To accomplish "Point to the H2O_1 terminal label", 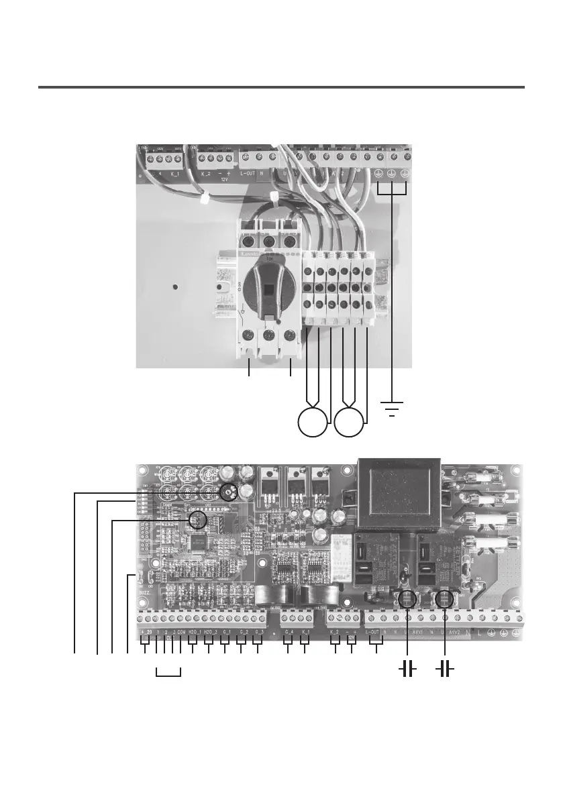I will (194, 632).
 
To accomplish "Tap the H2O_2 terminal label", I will (211, 632).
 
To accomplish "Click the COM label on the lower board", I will (181, 632).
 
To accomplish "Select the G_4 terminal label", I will (289, 632).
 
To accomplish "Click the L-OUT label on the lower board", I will (373, 632).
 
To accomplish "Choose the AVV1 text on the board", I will (418, 632).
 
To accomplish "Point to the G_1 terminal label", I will (227, 632).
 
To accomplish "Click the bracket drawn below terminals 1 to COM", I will (168, 674).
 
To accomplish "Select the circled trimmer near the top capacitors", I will (229, 492).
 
